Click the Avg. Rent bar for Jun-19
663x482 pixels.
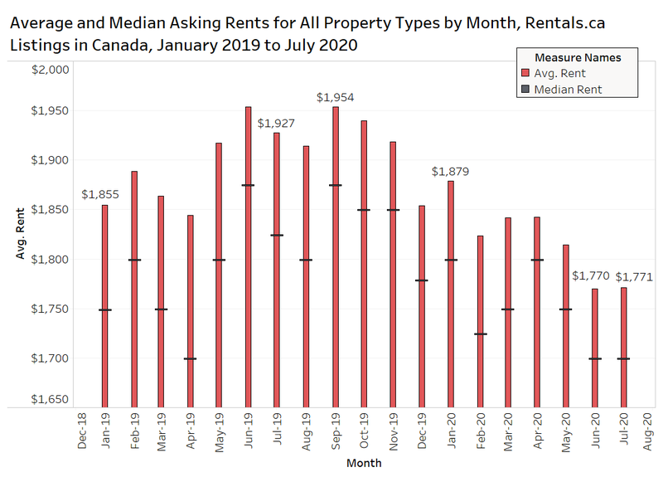tap(248, 257)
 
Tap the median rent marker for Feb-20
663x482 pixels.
tap(480, 334)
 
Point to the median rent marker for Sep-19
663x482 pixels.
tap(335, 185)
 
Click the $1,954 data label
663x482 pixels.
tap(335, 97)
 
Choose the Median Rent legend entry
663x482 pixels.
tap(568, 89)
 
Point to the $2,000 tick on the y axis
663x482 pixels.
tap(51, 71)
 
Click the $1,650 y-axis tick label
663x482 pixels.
tap(51, 400)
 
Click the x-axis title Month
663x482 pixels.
tap(364, 463)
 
